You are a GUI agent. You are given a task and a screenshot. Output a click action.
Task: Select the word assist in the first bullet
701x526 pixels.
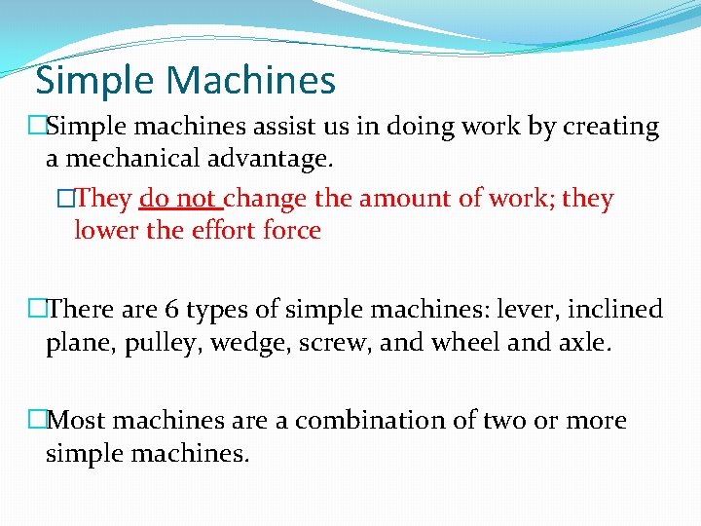click(x=282, y=127)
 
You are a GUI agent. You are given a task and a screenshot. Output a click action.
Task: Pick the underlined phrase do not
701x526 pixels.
click(x=180, y=199)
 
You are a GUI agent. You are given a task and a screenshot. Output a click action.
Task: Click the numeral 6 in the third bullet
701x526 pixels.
click(x=172, y=310)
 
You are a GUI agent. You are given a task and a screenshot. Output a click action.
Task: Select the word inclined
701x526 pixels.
click(x=614, y=310)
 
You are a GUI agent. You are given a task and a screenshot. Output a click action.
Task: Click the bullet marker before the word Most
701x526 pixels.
click(x=37, y=421)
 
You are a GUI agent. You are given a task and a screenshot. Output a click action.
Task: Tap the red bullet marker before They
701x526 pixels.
click(x=65, y=199)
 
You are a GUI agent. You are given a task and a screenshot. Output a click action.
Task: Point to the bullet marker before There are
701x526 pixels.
click(x=37, y=310)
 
